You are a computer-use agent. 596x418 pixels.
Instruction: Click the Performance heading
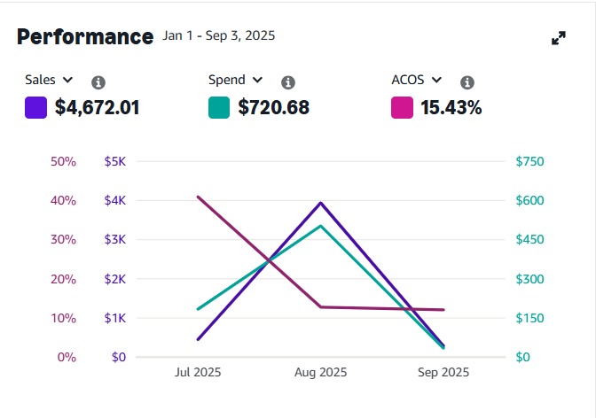(x=85, y=37)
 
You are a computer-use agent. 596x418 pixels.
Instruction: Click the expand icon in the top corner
(x=559, y=38)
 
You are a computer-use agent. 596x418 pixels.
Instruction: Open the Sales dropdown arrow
(x=68, y=81)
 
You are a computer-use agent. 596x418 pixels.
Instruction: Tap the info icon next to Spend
(x=287, y=82)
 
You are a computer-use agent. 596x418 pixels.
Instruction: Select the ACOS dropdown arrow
(x=436, y=81)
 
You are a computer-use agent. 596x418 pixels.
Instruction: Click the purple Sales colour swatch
(x=36, y=108)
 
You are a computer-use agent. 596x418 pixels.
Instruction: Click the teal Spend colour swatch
(x=219, y=108)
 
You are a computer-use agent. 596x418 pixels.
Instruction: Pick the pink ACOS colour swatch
(x=402, y=108)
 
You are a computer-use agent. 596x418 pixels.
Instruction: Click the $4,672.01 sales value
(x=97, y=109)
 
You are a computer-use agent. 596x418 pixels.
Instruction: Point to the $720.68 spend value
(x=274, y=109)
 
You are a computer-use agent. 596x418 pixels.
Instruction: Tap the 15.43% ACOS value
(x=451, y=109)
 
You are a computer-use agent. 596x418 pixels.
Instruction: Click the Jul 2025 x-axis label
(x=197, y=373)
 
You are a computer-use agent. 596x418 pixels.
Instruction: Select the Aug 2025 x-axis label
(x=320, y=373)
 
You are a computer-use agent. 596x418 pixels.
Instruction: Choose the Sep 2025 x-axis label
(x=443, y=373)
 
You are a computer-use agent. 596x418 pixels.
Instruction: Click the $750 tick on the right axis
(x=529, y=162)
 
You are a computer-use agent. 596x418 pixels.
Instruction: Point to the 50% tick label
(x=64, y=162)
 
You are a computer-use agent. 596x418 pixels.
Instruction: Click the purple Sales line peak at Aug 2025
(x=320, y=203)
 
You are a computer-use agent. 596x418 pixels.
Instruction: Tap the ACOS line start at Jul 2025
(x=198, y=197)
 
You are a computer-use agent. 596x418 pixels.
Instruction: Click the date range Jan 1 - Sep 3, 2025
(x=219, y=36)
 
